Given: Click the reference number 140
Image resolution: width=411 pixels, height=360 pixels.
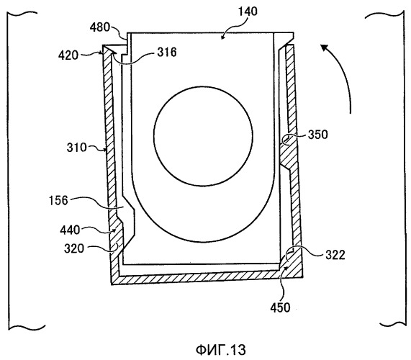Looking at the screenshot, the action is tap(248, 12).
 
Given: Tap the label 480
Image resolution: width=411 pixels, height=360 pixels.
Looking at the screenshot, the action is tap(99, 27).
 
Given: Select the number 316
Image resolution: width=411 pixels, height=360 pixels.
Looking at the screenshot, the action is tap(167, 52).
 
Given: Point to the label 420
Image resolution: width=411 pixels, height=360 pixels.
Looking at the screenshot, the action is tap(68, 55).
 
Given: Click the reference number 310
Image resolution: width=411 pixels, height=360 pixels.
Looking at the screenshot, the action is tap(76, 148).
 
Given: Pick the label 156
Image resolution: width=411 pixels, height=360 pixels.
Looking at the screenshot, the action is tap(58, 201).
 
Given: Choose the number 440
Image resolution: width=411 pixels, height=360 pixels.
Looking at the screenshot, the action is tap(70, 230).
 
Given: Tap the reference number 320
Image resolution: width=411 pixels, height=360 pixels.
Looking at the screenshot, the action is tap(74, 248).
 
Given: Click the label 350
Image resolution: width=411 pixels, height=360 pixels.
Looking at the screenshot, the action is tap(317, 135).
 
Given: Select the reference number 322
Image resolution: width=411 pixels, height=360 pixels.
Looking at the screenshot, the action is tap(335, 255).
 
